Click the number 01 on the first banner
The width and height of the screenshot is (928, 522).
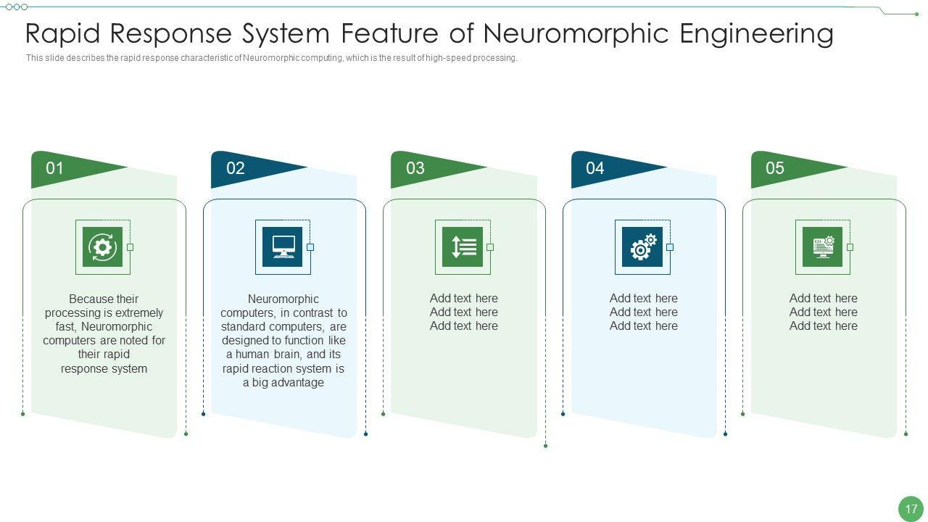pos(54,168)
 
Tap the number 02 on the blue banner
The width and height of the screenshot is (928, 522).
pos(236,168)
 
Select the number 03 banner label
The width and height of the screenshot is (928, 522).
pos(415,168)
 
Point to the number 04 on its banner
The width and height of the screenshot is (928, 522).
pos(595,168)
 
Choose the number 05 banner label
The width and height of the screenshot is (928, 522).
pos(775,168)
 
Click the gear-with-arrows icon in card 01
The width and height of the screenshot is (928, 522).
pos(103,247)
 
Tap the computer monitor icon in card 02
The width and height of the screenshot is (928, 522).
pos(283,247)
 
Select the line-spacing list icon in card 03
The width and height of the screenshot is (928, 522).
pos(463,247)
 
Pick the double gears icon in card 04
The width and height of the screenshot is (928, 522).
pos(642,247)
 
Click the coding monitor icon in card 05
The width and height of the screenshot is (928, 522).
pos(823,247)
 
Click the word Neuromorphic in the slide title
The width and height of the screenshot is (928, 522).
pos(576,34)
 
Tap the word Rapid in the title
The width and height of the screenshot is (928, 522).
pos(63,34)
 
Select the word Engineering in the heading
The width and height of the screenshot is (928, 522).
pos(757,34)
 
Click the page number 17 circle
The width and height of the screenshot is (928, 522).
pos(911,509)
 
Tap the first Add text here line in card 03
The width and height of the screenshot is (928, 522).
pos(463,298)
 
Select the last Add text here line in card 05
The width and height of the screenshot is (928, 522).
pos(823,326)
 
